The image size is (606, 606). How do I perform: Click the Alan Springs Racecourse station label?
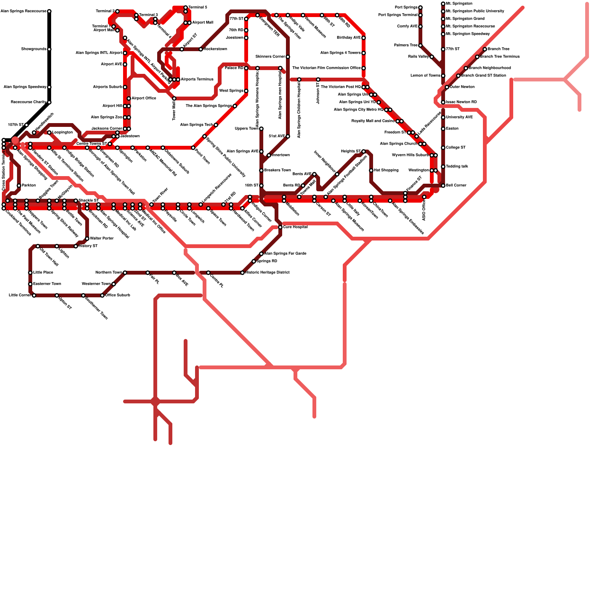click(x=23, y=11)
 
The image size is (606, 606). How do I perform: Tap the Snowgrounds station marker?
click(x=49, y=49)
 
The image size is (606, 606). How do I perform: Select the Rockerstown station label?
click(x=216, y=49)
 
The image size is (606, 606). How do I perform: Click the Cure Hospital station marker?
click(x=280, y=227)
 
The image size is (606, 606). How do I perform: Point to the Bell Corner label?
click(x=456, y=186)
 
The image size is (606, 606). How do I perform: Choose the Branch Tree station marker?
click(x=485, y=49)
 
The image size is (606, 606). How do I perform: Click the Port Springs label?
click(x=406, y=8)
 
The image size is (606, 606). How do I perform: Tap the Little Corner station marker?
click(x=34, y=295)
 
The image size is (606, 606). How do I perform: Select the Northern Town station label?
click(x=109, y=273)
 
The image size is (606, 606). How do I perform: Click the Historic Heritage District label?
click(x=268, y=273)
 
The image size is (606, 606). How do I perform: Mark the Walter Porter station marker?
click(x=87, y=239)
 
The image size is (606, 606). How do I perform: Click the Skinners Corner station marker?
click(x=288, y=57)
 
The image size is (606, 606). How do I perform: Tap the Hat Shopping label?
click(x=386, y=170)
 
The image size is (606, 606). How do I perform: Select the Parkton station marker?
click(x=19, y=186)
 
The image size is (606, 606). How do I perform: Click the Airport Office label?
click(x=144, y=98)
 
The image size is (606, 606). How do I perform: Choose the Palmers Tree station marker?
click(x=420, y=45)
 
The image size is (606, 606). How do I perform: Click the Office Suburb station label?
click(x=118, y=295)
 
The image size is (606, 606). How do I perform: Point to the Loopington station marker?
click(x=49, y=133)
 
